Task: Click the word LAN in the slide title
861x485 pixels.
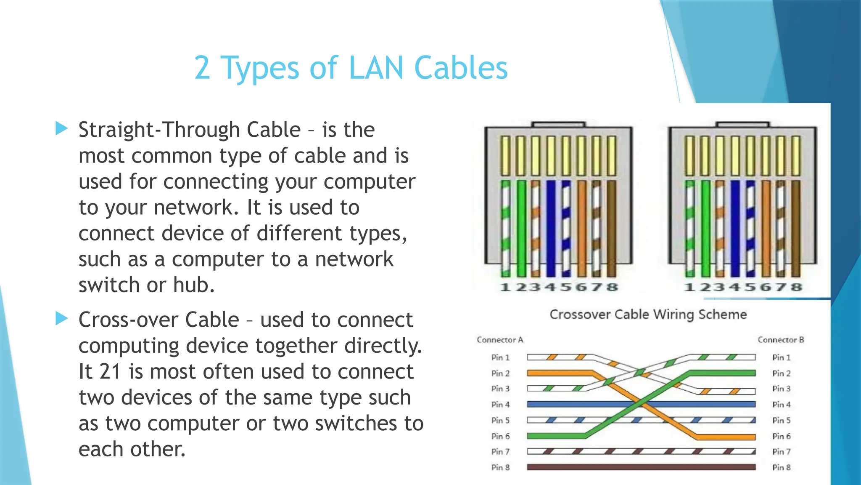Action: (x=376, y=68)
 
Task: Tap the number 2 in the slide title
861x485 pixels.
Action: (x=202, y=68)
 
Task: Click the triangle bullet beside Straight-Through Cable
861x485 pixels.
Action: (x=61, y=128)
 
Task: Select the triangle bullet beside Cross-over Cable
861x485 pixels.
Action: (x=61, y=319)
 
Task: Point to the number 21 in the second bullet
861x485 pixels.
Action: (x=110, y=372)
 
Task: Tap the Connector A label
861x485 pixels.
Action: (x=500, y=340)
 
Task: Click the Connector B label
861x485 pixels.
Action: (x=781, y=340)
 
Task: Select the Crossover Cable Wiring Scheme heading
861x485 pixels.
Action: (x=648, y=314)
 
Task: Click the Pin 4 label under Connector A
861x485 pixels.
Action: (x=500, y=405)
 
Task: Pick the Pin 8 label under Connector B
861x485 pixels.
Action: (x=781, y=467)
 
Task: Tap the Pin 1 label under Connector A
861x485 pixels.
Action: (x=500, y=357)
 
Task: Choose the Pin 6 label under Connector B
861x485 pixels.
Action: (x=781, y=436)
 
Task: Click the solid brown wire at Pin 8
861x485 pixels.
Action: (x=641, y=467)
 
